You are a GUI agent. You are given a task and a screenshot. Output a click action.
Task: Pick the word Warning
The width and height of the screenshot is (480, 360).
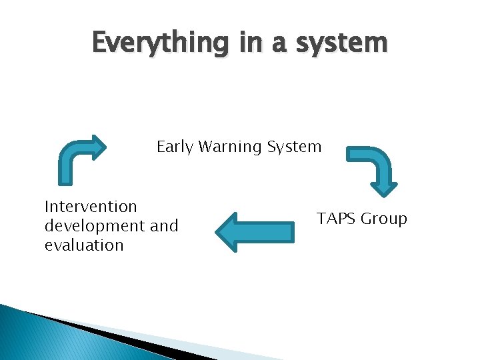point(227,147)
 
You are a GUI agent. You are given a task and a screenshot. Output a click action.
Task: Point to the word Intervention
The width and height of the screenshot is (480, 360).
point(91,207)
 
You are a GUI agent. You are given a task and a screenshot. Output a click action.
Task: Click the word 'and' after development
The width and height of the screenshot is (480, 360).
point(165,226)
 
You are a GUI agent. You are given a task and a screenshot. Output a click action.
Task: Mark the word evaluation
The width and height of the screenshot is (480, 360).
point(84,245)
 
